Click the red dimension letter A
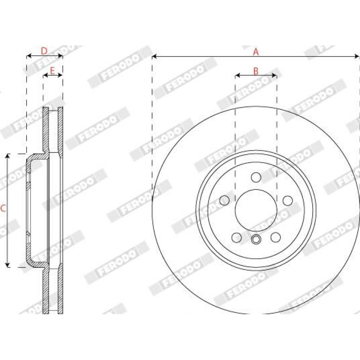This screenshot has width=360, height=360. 256,52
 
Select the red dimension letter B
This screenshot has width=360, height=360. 256,71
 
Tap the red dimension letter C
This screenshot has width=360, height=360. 3,209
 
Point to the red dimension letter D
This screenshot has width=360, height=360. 44,51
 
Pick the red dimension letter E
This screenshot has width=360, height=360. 52,71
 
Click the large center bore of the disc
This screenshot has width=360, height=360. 256,210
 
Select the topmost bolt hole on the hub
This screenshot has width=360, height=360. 256,177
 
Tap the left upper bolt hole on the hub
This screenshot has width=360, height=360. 224,201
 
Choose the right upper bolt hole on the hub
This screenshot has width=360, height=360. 288,201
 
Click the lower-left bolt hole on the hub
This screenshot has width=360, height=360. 237,238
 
